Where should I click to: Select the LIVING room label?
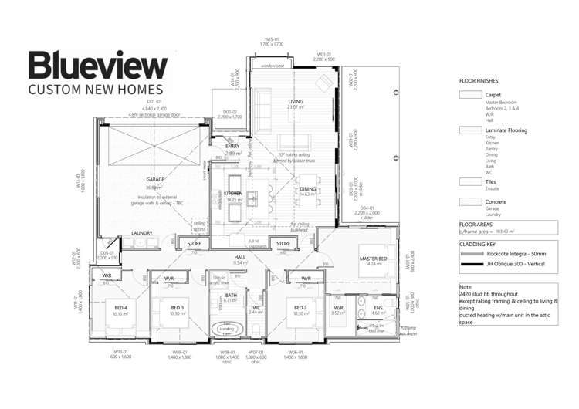tap(294, 101)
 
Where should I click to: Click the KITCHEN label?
tap(234, 193)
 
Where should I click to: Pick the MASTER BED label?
tap(372, 258)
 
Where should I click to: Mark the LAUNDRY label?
tap(141, 232)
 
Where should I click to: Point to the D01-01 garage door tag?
tap(154, 101)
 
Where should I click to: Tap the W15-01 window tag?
tap(272, 39)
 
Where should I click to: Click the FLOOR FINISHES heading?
tap(479, 80)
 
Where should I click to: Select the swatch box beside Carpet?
tap(470, 94)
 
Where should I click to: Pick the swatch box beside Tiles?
tap(470, 181)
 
